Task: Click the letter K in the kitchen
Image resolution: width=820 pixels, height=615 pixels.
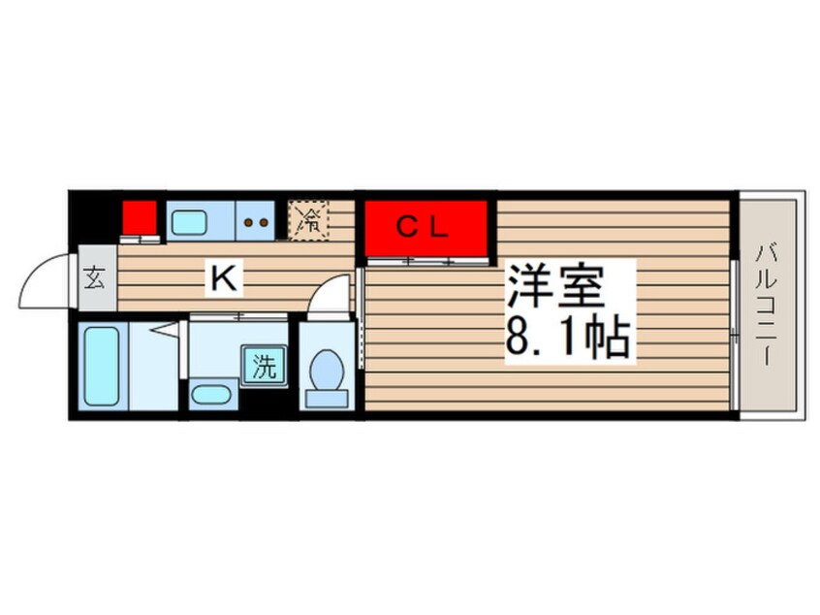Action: [223, 279]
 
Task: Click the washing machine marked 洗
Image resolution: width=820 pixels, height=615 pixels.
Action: [264, 368]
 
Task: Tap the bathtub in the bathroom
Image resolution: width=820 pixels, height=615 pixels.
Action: [102, 366]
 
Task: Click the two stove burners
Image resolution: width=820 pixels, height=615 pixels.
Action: [256, 222]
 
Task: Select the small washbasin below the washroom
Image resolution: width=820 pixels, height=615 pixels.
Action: [209, 395]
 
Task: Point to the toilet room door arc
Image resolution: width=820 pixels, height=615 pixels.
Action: [331, 292]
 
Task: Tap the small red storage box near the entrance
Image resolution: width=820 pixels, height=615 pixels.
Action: [140, 216]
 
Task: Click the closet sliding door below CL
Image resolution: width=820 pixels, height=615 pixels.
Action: [426, 261]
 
